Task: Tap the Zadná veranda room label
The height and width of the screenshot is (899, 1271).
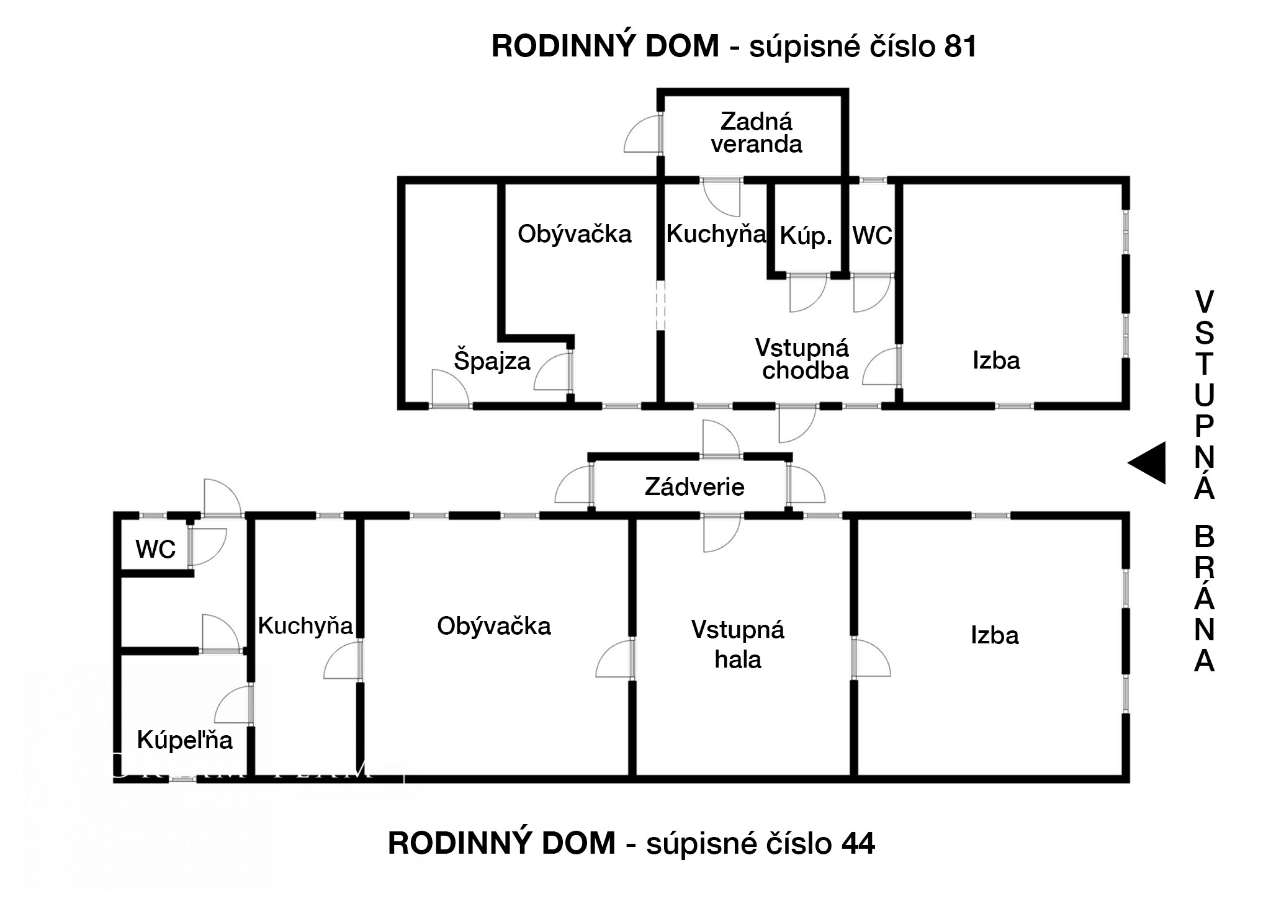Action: pyautogui.click(x=757, y=133)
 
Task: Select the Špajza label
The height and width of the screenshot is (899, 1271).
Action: pyautogui.click(x=492, y=360)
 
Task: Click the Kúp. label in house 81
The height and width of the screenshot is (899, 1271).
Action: pyautogui.click(x=806, y=236)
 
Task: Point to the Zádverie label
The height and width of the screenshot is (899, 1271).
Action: pyautogui.click(x=694, y=487)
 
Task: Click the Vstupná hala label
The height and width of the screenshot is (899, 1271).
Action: pyautogui.click(x=738, y=645)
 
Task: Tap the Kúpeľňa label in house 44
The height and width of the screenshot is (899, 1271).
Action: pyautogui.click(x=185, y=740)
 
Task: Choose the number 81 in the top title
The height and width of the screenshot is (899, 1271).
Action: pyautogui.click(x=960, y=47)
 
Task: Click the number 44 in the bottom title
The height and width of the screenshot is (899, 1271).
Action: pyautogui.click(x=858, y=843)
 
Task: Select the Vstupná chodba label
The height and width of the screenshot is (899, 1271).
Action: pyautogui.click(x=802, y=359)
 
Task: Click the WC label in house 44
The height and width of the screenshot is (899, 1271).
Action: pyautogui.click(x=156, y=550)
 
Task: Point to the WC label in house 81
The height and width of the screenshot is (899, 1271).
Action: pyautogui.click(x=873, y=236)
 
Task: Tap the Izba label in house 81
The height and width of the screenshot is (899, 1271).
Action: pyautogui.click(x=996, y=360)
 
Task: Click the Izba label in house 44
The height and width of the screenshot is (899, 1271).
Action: pyautogui.click(x=995, y=636)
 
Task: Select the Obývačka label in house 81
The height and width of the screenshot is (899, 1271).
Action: pyautogui.click(x=575, y=235)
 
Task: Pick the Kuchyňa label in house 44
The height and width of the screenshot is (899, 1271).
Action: pyautogui.click(x=305, y=626)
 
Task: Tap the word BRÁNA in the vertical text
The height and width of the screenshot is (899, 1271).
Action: pyautogui.click(x=1205, y=599)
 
